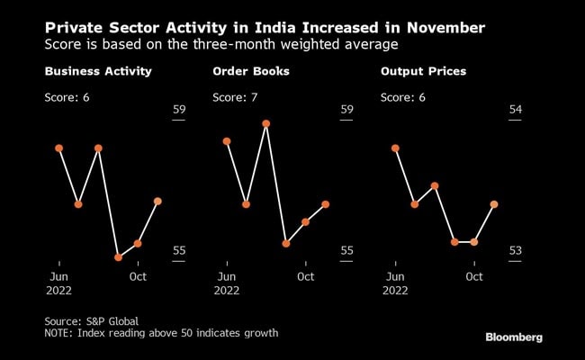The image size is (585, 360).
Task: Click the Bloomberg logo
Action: coord(514,337)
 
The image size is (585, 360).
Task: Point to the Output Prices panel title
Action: coord(418,71)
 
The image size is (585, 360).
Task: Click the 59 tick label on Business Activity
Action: coord(178,110)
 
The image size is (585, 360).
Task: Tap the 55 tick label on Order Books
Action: coord(346,250)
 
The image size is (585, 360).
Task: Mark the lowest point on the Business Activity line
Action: coord(118,257)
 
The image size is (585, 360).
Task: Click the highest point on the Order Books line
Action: coord(266,123)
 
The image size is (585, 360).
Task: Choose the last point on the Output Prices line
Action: coord(494,204)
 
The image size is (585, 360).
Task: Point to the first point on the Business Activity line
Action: coord(58,148)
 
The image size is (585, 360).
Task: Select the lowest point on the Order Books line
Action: coord(286,243)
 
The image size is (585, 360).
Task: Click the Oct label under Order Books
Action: coord(306,276)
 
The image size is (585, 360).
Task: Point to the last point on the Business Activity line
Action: coord(157,202)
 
